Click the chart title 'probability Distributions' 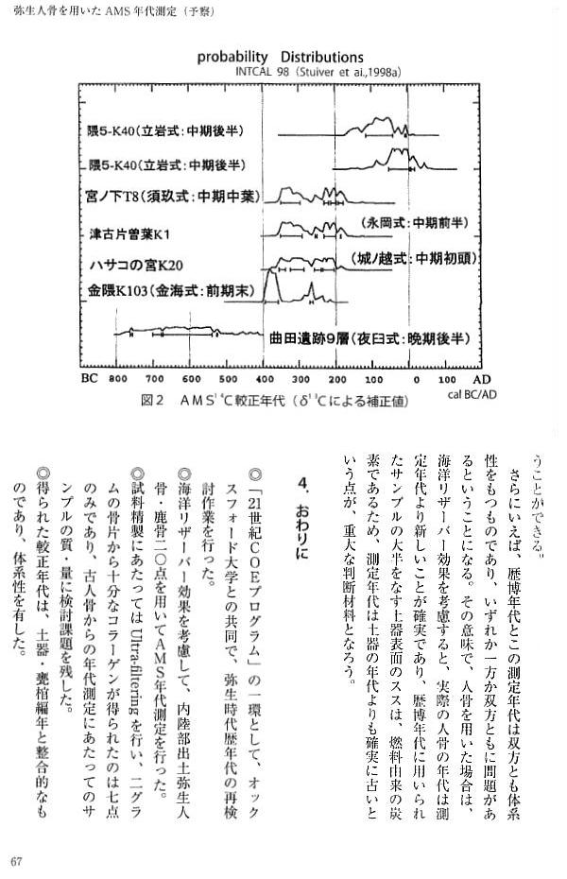[x=280, y=57]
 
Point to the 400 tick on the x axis [x=266, y=378]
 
